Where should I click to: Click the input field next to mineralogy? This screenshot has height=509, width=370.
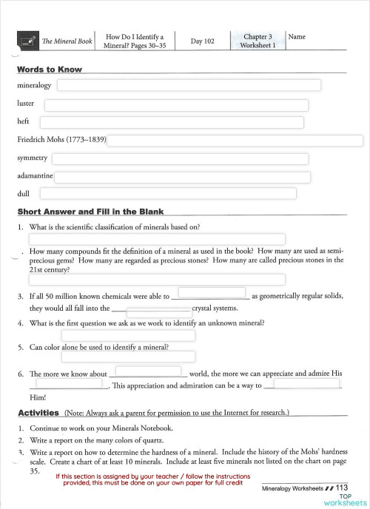[189, 85]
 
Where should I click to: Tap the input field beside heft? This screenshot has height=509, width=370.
[172, 122]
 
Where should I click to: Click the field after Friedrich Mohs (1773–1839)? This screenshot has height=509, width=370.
[235, 141]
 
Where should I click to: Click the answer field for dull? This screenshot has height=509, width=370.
[167, 194]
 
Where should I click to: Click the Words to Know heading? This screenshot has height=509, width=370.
[49, 70]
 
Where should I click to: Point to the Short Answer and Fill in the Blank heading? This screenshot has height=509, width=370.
[90, 212]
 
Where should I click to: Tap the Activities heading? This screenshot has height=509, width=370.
[38, 412]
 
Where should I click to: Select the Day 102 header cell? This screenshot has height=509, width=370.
[202, 41]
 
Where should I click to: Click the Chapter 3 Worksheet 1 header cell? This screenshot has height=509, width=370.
[258, 41]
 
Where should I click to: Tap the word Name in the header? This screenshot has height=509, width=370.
[297, 36]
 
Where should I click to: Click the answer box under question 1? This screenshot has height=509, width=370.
[157, 239]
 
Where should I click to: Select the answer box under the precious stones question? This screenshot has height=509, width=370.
[157, 280]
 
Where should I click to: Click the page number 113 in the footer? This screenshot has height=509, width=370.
[341, 488]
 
